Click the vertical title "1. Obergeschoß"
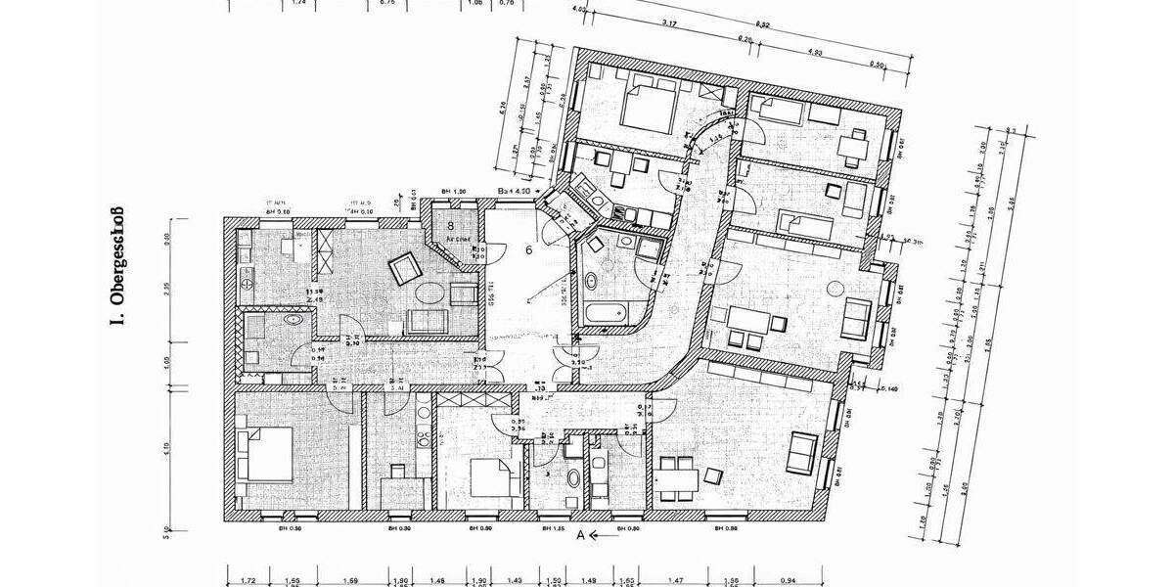pyautogui.click(x=116, y=266)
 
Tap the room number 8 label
pyautogui.click(x=451, y=224)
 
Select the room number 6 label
pyautogui.click(x=528, y=250)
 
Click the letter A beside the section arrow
pyautogui.click(x=581, y=535)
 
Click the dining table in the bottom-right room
pyautogui.click(x=678, y=476)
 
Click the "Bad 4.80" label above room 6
pyautogui.click(x=515, y=191)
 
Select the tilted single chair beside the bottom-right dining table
pyautogui.click(x=714, y=475)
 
